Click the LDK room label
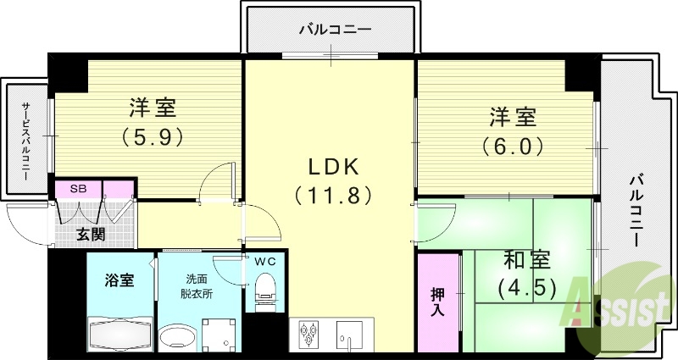[332, 166]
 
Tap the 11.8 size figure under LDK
[332, 196]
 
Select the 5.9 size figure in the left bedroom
[153, 136]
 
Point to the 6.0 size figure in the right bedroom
[513, 146]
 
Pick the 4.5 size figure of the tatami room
[526, 288]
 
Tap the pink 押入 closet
[438, 302]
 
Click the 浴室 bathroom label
[119, 280]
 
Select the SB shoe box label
[77, 188]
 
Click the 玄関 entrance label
[91, 233]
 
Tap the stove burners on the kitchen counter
[309, 335]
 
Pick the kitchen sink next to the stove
[349, 335]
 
